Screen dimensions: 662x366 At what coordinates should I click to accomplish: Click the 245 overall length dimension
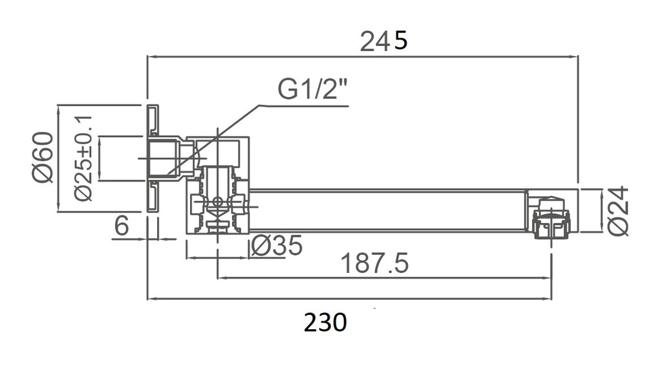pyautogui.click(x=384, y=41)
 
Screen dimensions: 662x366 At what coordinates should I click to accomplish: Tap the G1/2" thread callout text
pyautogui.click(x=313, y=89)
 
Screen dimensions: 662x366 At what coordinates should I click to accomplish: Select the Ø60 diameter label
pyautogui.click(x=43, y=157)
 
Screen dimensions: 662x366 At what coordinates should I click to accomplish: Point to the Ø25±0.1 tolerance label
pyautogui.click(x=83, y=158)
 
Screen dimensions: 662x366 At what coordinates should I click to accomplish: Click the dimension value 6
pyautogui.click(x=122, y=225)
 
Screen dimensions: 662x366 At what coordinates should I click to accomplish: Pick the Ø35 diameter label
pyautogui.click(x=277, y=245)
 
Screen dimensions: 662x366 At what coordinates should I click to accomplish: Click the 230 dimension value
pyautogui.click(x=326, y=322)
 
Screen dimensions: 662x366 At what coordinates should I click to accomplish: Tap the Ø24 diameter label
pyautogui.click(x=617, y=211)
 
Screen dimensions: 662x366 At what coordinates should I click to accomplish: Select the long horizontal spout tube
pyautogui.click(x=388, y=210)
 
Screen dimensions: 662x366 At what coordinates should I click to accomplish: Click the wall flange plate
pyautogui.click(x=153, y=158)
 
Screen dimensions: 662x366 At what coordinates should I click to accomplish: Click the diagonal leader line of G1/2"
pyautogui.click(x=213, y=139)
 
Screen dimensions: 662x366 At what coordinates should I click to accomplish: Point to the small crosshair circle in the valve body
pyautogui.click(x=217, y=202)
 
